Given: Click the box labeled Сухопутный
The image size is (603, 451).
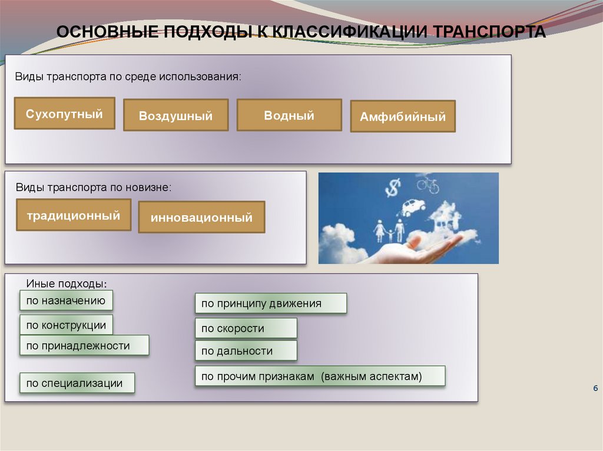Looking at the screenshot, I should click(x=64, y=113).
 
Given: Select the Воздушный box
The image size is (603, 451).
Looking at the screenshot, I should click(x=175, y=115).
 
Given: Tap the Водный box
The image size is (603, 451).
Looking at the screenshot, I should click(x=289, y=115).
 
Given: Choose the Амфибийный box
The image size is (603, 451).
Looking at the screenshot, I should click(x=403, y=116).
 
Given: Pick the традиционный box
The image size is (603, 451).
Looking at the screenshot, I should click(x=74, y=215).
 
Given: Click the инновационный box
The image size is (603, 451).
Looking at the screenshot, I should click(x=201, y=218).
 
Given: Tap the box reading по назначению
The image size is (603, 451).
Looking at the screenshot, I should click(x=66, y=300).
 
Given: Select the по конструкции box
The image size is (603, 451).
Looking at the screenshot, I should click(x=66, y=325).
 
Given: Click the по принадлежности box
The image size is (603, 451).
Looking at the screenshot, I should click(x=84, y=346).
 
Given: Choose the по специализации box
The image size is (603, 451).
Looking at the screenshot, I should click(x=77, y=383).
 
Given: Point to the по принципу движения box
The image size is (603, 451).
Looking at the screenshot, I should click(x=271, y=303).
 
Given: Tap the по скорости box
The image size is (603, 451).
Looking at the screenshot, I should click(x=246, y=328).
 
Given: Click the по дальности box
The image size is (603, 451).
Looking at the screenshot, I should click(x=246, y=351).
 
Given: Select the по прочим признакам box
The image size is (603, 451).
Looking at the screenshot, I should click(x=320, y=376).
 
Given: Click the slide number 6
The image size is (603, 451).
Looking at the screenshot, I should click(x=595, y=389).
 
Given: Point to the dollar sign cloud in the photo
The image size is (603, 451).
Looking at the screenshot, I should click(x=392, y=188).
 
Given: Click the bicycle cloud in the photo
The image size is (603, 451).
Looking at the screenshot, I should click(x=428, y=185).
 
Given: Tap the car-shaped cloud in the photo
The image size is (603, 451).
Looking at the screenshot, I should click(x=413, y=207).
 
